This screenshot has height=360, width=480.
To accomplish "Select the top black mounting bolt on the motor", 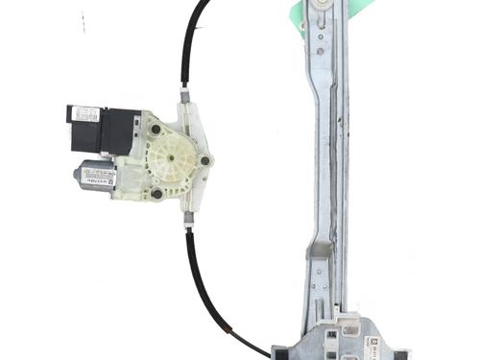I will pos(155,128).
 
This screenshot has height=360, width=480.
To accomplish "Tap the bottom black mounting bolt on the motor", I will pos(156,193).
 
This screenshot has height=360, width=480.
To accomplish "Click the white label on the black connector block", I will pos(86,114).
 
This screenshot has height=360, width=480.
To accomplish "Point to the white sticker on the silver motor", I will pos(99,174).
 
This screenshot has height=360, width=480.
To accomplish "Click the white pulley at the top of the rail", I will pos(319,8).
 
